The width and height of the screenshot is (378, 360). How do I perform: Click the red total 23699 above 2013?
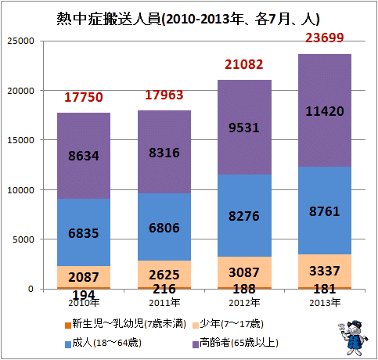click(x=325, y=38)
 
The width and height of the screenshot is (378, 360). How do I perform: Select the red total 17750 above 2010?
click(x=84, y=97)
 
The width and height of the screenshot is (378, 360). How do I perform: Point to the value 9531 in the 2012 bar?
click(x=244, y=128)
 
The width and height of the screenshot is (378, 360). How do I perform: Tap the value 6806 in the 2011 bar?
click(x=164, y=228)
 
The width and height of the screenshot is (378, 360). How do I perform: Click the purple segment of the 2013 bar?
click(x=325, y=110)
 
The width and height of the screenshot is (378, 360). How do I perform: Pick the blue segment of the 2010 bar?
click(x=84, y=232)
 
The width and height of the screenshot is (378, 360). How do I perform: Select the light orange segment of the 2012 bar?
click(x=244, y=272)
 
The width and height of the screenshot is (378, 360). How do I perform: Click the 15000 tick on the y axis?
click(x=21, y=140)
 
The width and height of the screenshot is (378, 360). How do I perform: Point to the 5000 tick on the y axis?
click(x=23, y=239)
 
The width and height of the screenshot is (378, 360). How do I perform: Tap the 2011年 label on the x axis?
click(x=164, y=303)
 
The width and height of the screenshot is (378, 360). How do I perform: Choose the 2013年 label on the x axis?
click(x=325, y=303)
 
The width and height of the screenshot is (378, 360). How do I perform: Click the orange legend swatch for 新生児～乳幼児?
click(x=68, y=326)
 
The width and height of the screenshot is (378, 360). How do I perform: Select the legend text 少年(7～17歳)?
click(x=232, y=324)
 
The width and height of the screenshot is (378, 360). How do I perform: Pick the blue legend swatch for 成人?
click(x=68, y=344)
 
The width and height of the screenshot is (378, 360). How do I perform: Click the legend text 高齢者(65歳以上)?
click(x=239, y=343)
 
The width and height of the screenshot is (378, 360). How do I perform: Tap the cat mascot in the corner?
click(x=353, y=337)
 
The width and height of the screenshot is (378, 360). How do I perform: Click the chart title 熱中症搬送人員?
click(x=109, y=19)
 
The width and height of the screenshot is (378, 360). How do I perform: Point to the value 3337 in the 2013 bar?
click(x=325, y=271)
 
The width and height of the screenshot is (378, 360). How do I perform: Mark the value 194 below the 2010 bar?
click(x=84, y=295)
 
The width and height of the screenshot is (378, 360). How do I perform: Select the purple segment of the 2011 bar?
click(x=164, y=152)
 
